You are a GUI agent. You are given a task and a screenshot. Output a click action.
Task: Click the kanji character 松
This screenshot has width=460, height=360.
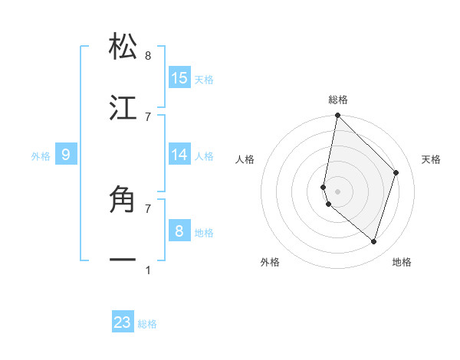123,47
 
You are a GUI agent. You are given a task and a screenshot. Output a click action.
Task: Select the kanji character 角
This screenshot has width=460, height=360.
123,200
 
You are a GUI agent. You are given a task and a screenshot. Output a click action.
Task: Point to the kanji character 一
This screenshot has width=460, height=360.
123,260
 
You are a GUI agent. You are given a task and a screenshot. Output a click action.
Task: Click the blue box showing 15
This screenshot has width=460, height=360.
179,78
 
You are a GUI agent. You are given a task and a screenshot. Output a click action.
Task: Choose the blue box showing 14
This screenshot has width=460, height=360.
179,155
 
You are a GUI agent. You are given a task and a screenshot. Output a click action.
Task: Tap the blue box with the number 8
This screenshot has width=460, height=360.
179,231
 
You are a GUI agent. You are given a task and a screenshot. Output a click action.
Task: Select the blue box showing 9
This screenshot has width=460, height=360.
66,155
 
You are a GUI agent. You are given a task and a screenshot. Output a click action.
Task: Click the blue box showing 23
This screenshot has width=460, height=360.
123,322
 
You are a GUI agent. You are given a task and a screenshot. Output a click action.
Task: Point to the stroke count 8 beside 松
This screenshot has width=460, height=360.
148,56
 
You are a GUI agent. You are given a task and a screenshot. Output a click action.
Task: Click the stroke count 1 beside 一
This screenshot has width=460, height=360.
148,270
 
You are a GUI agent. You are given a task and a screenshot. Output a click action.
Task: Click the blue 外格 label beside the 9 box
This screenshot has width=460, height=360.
41,156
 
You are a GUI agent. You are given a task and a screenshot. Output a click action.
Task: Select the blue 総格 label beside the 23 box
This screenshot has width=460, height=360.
147,324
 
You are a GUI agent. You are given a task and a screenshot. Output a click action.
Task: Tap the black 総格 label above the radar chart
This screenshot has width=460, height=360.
338,100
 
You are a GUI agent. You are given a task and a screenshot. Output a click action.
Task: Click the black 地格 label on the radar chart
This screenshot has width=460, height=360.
402,262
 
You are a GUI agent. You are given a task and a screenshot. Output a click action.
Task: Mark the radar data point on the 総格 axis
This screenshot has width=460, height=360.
337,116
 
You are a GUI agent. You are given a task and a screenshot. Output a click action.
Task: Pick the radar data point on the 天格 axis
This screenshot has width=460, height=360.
396,172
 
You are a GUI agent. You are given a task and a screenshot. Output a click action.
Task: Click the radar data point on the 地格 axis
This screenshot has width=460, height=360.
373,242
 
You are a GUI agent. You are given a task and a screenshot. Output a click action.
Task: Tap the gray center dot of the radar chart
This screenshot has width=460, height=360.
337,191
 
